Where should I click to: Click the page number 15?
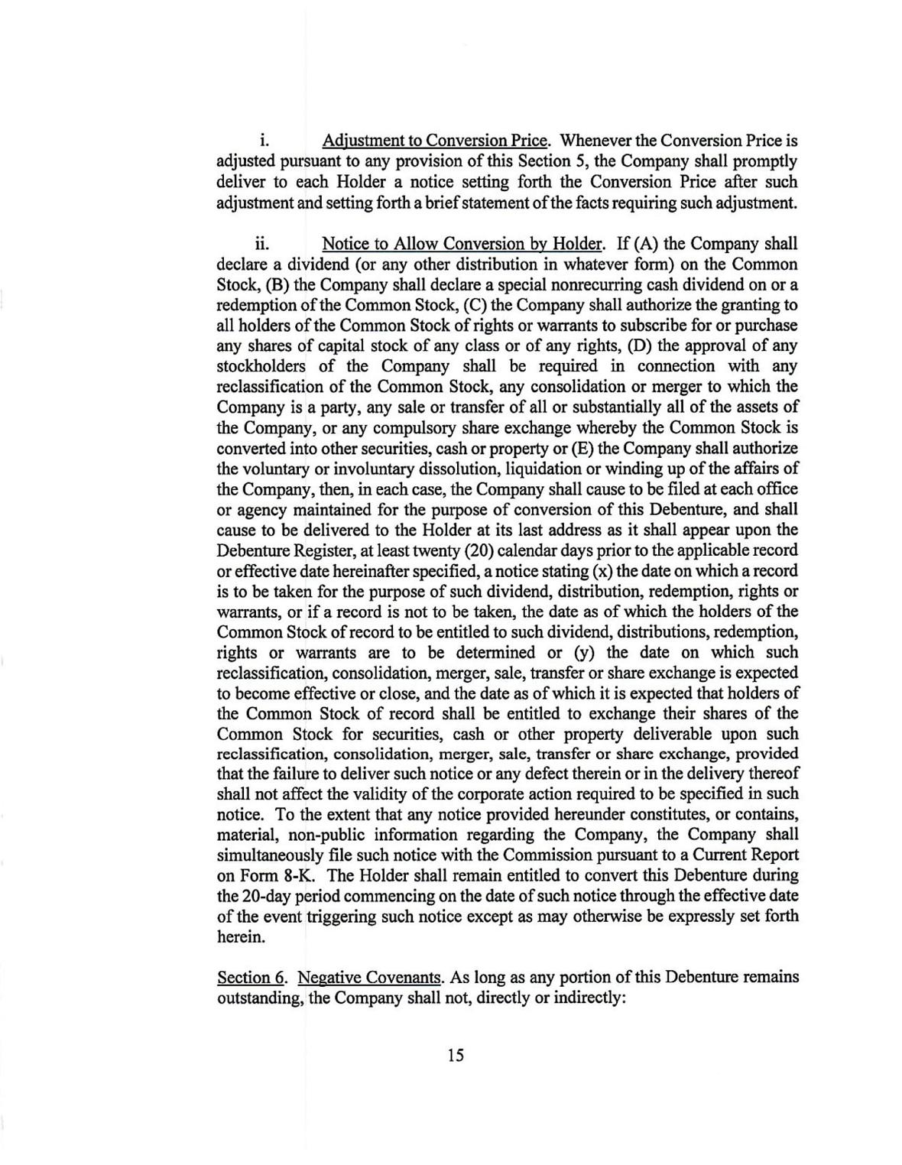456,1056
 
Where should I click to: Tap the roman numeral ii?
262,244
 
